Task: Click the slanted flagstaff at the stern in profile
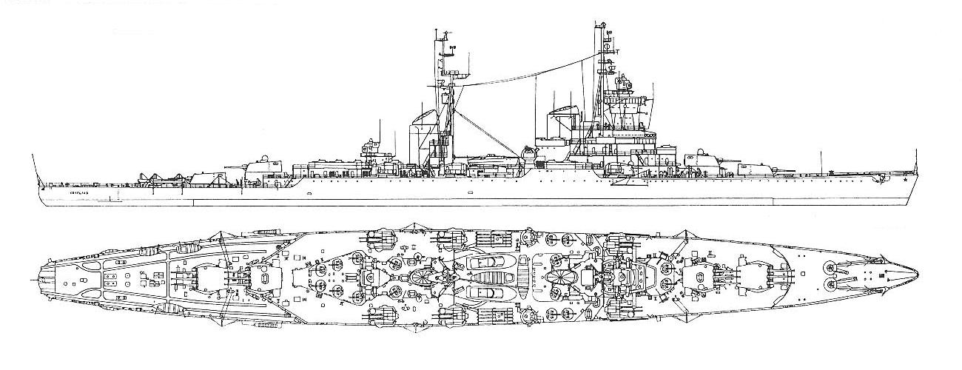34,166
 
